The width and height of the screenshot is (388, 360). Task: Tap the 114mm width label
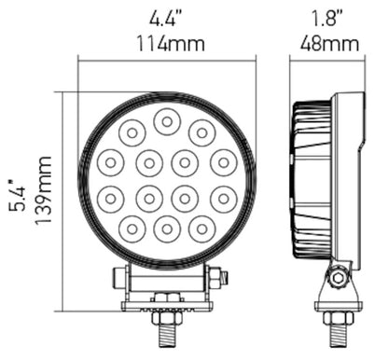[167, 43]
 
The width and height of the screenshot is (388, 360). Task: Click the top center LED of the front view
[167, 120]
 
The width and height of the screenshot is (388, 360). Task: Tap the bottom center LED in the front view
[167, 228]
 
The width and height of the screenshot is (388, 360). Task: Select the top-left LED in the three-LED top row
[132, 131]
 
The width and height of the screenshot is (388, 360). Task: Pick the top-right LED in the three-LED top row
[201, 132]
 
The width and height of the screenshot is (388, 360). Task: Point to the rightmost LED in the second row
[223, 162]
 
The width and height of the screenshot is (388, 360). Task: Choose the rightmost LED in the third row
[223, 197]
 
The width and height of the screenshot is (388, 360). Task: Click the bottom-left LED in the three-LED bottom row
[132, 227]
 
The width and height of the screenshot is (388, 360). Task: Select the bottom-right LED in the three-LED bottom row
[201, 227]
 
